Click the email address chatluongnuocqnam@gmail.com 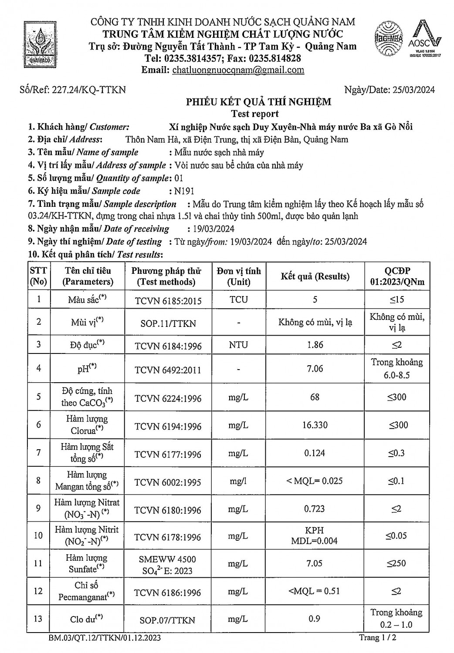pyautogui.click(x=238, y=70)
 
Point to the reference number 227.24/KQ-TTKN pyautogui.click(x=89, y=90)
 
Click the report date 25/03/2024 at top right pyautogui.click(x=413, y=90)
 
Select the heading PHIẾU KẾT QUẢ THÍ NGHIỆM pyautogui.click(x=259, y=102)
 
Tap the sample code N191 pyautogui.click(x=184, y=191)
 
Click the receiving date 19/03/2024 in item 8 pyautogui.click(x=211, y=229)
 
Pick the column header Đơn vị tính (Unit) pyautogui.click(x=239, y=276)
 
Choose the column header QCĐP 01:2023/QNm pyautogui.click(x=397, y=276)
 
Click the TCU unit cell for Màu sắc pyautogui.click(x=238, y=299)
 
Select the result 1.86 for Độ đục pyautogui.click(x=315, y=344)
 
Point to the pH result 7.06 pyautogui.click(x=315, y=368)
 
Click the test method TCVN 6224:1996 pyautogui.click(x=168, y=398)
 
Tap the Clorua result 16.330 pyautogui.click(x=315, y=425)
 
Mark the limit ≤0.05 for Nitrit pyautogui.click(x=397, y=535)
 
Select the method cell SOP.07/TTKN pyautogui.click(x=168, y=620)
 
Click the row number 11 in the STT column pyautogui.click(x=39, y=563)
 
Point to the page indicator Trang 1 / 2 pyautogui.click(x=377, y=638)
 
